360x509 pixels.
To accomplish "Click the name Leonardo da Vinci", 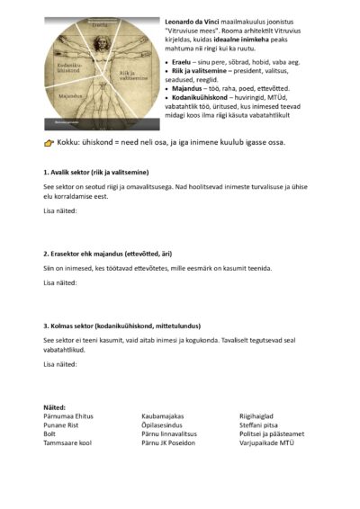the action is pos(192,19).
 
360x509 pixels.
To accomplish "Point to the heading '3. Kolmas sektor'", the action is pos(121,326).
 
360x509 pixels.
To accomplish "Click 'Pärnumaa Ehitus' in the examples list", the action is pos(67,415).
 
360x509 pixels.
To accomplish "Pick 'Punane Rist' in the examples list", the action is pos(61,424).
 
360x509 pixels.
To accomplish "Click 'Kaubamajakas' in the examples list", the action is pos(163,415).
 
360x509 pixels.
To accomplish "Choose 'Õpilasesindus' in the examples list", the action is pos(164,424).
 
